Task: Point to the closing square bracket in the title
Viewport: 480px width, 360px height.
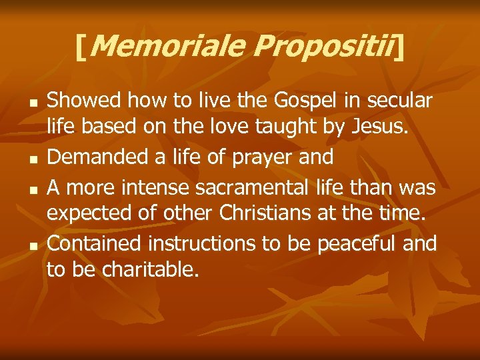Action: coord(399,47)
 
